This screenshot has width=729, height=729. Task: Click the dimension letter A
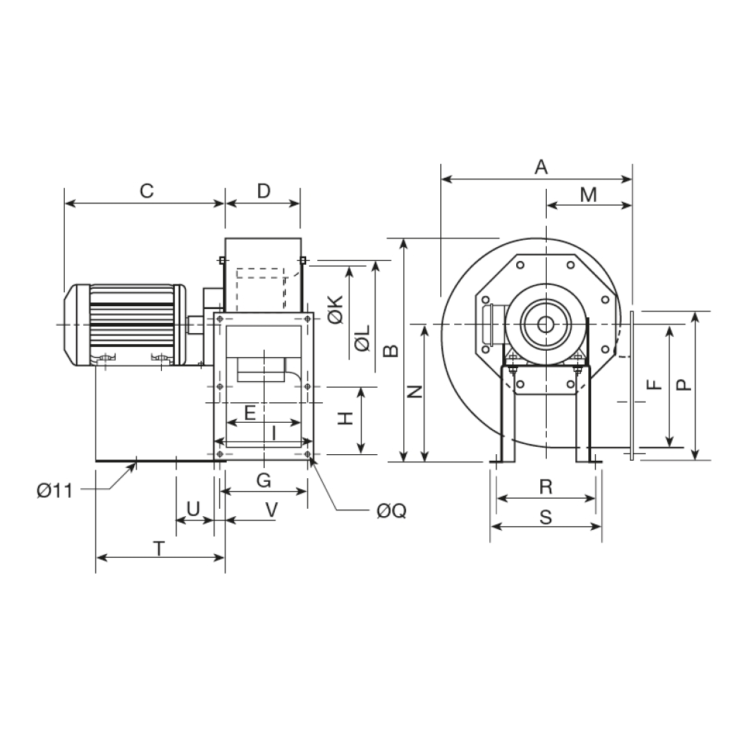[x=541, y=167]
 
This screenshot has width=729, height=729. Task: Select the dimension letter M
[x=588, y=195]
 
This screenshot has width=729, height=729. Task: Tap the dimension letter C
[x=147, y=191]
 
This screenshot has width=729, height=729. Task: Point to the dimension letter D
[x=264, y=191]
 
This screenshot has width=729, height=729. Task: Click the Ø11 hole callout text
[x=55, y=491]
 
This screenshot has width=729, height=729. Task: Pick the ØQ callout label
[x=392, y=511]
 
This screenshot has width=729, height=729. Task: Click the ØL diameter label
[x=362, y=338]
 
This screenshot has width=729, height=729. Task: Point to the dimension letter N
[x=414, y=391]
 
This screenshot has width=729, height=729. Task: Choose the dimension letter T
[x=159, y=549]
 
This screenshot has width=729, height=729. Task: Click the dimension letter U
[x=193, y=509]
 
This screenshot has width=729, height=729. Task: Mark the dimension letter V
[x=271, y=510]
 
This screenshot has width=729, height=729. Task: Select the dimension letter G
[x=264, y=480]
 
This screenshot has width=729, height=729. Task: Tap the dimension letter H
[x=346, y=418]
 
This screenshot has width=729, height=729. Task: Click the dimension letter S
[x=546, y=517]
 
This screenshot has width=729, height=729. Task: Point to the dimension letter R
[x=546, y=487]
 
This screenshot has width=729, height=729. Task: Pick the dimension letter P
[x=684, y=384]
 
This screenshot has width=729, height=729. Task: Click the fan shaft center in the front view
[x=546, y=324]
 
